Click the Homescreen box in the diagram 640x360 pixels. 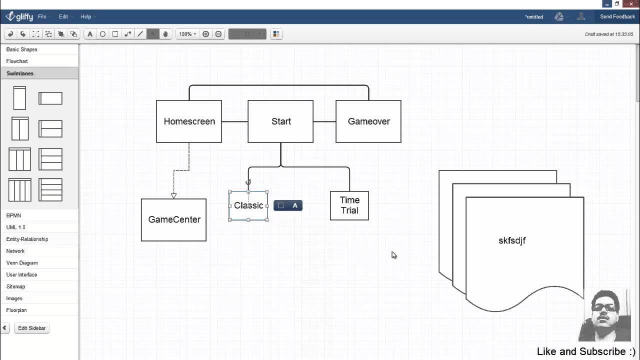[x=189, y=121]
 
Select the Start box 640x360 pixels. [x=280, y=121]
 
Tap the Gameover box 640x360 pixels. [x=368, y=121]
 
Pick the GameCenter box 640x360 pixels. [x=173, y=219]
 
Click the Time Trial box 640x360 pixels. [x=349, y=205]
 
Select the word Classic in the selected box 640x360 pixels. [x=248, y=205]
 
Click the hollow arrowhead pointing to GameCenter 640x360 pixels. [x=173, y=195]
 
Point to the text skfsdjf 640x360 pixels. [x=512, y=240]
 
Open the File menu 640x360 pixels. [x=42, y=16]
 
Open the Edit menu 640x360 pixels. [x=63, y=16]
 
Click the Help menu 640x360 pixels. [x=86, y=16]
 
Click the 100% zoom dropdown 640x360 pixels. [x=187, y=34]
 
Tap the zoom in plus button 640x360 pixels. [x=205, y=34]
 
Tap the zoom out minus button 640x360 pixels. [x=218, y=34]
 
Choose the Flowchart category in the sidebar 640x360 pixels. [x=17, y=61]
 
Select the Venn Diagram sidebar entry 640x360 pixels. [x=22, y=262]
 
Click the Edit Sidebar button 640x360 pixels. [x=31, y=328]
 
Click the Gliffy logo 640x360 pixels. [x=19, y=16]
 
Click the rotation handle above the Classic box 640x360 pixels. [x=248, y=182]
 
